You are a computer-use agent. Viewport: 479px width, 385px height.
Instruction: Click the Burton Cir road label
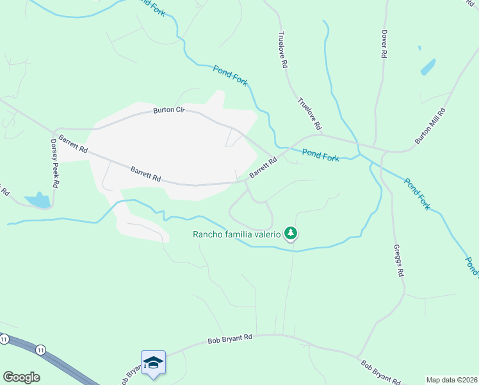pyautogui.click(x=168, y=111)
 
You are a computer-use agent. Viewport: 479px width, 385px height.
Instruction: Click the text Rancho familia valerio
pyautogui.click(x=237, y=234)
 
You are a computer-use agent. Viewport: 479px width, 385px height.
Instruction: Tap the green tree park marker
pyautogui.click(x=291, y=233)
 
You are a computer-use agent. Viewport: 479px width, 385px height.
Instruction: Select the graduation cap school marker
pyautogui.click(x=154, y=363)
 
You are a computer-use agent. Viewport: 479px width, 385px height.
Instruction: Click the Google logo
pyautogui.click(x=21, y=377)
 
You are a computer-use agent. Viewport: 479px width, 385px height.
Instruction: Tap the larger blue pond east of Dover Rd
pyautogui.click(x=428, y=67)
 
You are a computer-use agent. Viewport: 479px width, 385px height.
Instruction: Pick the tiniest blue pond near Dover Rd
pyautogui.click(x=419, y=48)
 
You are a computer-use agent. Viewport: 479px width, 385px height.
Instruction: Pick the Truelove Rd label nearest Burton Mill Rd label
pyautogui.click(x=309, y=113)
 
